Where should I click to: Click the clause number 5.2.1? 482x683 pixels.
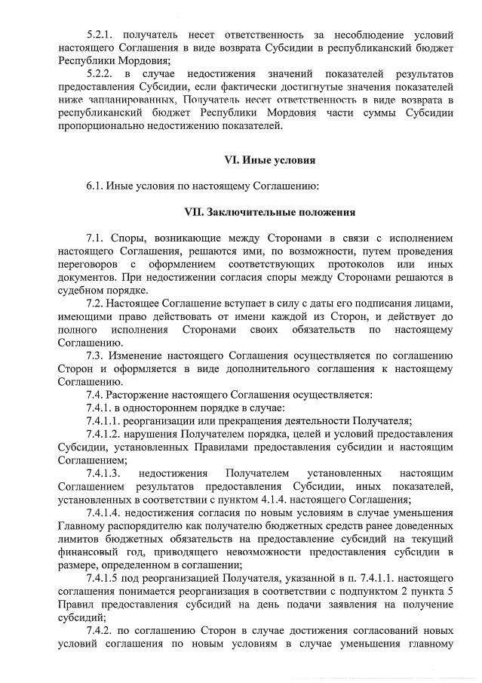(102, 35)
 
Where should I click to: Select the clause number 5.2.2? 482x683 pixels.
(102, 74)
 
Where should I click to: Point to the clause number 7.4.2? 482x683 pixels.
(102, 630)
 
